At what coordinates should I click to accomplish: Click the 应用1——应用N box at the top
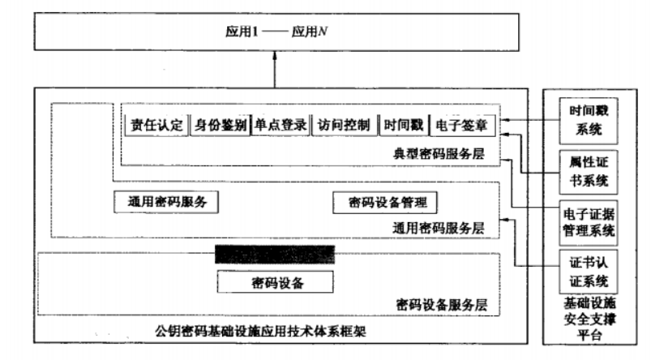[x=275, y=33]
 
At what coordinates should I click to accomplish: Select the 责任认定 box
[x=156, y=126]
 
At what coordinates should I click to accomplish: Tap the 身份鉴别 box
[x=220, y=126]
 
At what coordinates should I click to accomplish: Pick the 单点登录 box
[x=281, y=126]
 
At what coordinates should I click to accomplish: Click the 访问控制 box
[x=344, y=126]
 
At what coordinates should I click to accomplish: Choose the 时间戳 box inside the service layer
[x=403, y=126]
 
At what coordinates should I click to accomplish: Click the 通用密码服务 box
[x=167, y=202]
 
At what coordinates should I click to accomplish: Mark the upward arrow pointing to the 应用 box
[x=276, y=71]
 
